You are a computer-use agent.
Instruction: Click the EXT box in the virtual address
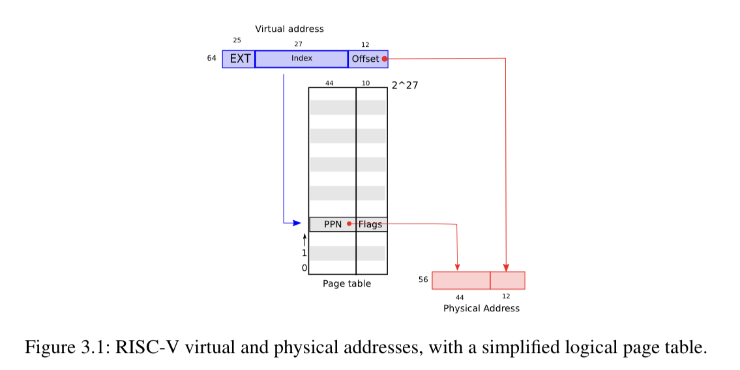[239, 59]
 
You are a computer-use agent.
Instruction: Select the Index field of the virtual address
[301, 59]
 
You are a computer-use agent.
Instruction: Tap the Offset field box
[365, 59]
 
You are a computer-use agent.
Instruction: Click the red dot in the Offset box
[385, 59]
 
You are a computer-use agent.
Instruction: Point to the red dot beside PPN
[349, 224]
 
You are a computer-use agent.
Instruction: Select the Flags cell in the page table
[371, 224]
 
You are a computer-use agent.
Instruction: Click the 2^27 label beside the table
[404, 85]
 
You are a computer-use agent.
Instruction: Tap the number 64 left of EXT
[212, 58]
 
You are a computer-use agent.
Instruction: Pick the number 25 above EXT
[237, 40]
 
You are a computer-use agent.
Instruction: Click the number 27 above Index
[299, 44]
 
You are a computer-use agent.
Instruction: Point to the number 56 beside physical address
[423, 279]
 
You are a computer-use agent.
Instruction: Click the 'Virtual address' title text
[289, 29]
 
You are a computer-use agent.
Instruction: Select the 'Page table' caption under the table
[346, 284]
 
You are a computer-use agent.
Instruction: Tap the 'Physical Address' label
[481, 308]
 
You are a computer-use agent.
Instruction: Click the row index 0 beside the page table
[304, 268]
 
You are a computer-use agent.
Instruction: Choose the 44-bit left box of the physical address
[461, 280]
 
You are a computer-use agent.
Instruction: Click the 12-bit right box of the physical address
[507, 280]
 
